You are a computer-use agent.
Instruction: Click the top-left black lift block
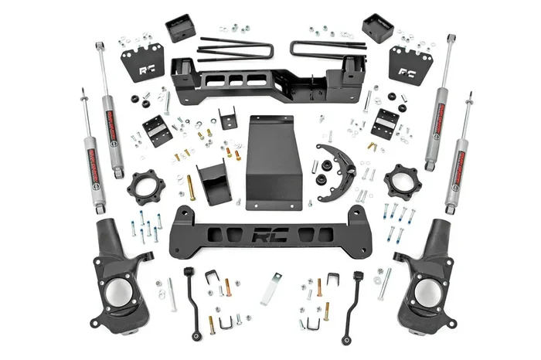[179, 28]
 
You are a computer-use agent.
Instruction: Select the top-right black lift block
[377, 28]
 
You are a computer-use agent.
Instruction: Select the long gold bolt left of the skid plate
[190, 188]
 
